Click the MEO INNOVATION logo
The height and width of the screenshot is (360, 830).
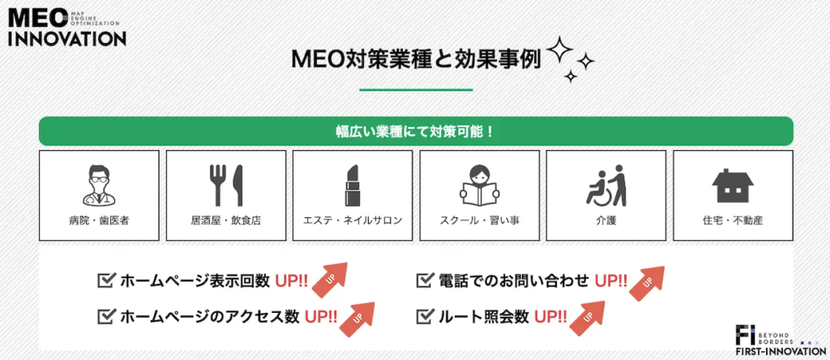(67, 28)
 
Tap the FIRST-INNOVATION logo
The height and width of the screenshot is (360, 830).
(780, 341)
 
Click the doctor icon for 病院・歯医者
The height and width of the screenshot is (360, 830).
(99, 185)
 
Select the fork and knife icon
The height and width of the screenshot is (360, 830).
(225, 186)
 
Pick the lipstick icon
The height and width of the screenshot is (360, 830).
(353, 186)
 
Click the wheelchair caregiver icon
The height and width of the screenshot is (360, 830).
(606, 186)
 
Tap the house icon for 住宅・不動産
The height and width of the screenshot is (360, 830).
(733, 186)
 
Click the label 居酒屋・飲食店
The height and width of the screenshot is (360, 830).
(226, 221)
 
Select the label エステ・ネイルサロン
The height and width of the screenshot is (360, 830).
(353, 221)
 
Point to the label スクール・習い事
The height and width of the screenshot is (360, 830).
(479, 221)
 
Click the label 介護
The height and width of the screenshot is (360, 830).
(606, 221)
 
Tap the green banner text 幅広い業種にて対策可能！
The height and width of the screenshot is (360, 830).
(416, 131)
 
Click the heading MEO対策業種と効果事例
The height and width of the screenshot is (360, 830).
(416, 60)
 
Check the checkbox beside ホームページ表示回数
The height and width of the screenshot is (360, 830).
(106, 280)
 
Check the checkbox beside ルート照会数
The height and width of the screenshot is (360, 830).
(425, 316)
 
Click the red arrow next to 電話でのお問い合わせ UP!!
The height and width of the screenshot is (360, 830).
(646, 283)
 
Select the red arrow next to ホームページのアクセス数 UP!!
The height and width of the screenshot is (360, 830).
(357, 319)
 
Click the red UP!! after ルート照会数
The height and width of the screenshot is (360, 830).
(550, 316)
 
